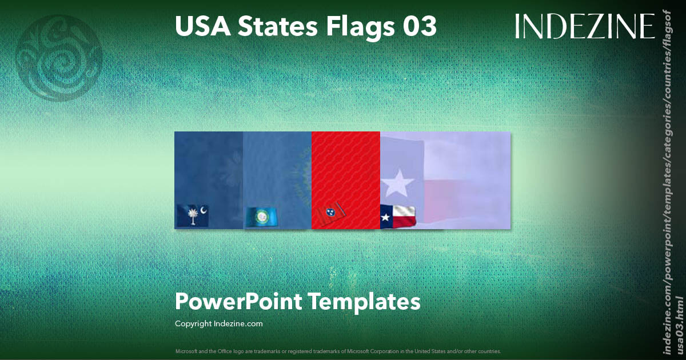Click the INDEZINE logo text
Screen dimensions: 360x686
[x=584, y=26]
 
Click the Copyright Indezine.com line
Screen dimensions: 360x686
[x=219, y=323]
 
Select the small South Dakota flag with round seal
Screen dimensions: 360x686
[x=262, y=217]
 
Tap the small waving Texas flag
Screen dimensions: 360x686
[x=398, y=217]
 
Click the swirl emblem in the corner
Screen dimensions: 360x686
[x=59, y=58]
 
